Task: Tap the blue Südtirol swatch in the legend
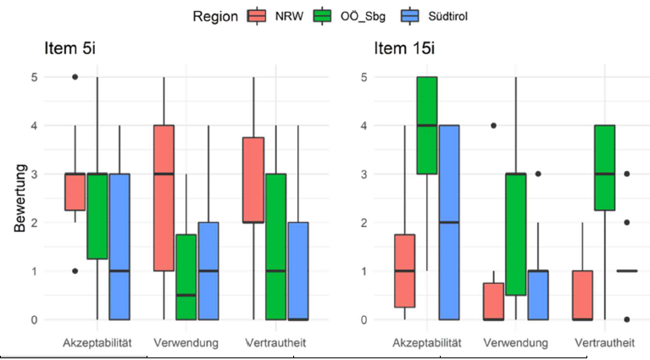click(412, 15)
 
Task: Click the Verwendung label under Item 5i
click(186, 343)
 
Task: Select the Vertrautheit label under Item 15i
click(605, 343)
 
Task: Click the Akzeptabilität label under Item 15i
click(427, 343)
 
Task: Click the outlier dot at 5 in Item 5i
click(75, 77)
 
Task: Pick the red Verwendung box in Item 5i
click(164, 198)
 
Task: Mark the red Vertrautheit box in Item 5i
click(253, 180)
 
